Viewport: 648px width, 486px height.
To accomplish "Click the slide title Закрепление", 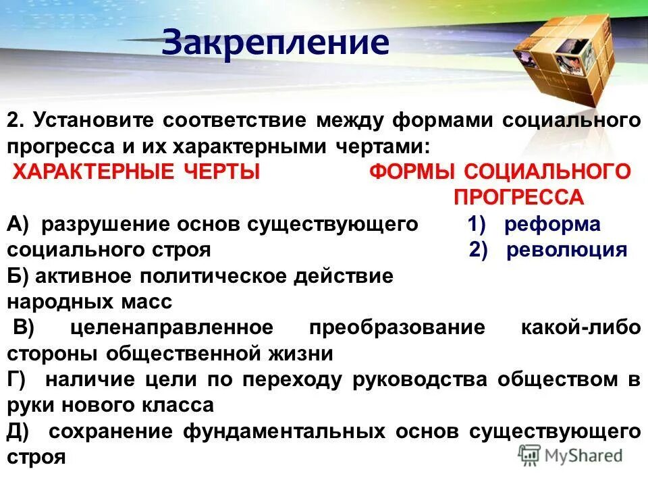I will pyautogui.click(x=275, y=43).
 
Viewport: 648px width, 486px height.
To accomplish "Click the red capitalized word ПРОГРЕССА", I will pyautogui.click(x=518, y=196).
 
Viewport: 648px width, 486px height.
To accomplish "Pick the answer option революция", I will pyautogui.click(x=567, y=249).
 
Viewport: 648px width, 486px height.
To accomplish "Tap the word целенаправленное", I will pyautogui.click(x=171, y=327).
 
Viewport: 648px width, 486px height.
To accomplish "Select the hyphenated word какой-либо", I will pyautogui.click(x=580, y=327).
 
